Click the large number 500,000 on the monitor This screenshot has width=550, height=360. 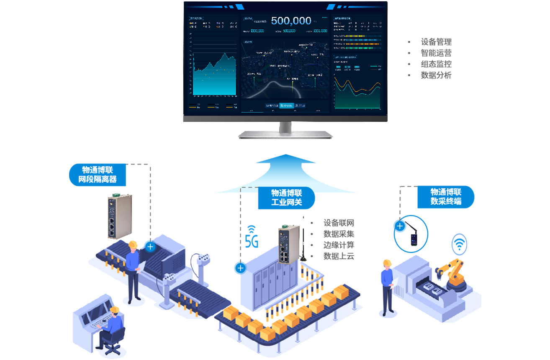(291, 21)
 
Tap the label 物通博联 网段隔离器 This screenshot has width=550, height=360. (98, 175)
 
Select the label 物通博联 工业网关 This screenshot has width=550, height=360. (287, 198)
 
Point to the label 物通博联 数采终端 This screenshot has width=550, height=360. (446, 196)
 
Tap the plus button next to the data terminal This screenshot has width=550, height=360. (400, 226)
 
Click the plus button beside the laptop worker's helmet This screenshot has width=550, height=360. (150, 247)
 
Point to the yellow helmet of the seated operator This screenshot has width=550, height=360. (115, 309)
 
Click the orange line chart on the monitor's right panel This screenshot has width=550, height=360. (357, 86)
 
